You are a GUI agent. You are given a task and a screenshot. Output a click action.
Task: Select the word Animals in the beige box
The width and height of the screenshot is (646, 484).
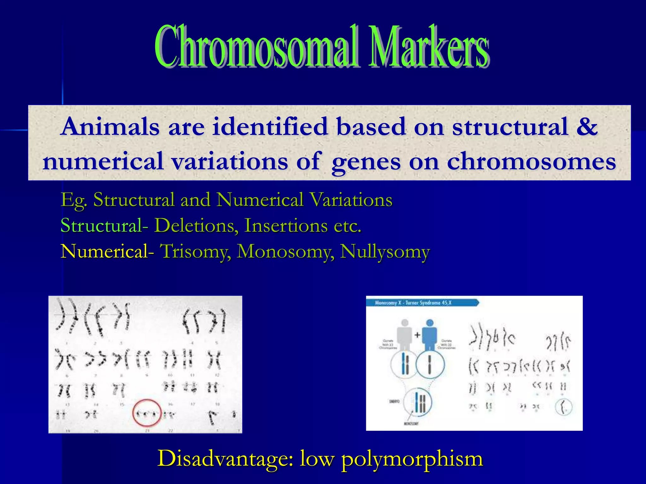click(110, 127)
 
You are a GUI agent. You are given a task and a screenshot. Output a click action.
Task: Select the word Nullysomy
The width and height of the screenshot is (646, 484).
click(385, 251)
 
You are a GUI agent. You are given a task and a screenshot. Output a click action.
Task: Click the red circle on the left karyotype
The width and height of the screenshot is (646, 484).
click(147, 413)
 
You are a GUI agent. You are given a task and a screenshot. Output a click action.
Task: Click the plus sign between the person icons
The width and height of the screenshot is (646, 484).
click(417, 335)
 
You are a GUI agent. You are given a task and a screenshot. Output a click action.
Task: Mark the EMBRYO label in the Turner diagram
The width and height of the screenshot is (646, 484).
click(395, 401)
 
